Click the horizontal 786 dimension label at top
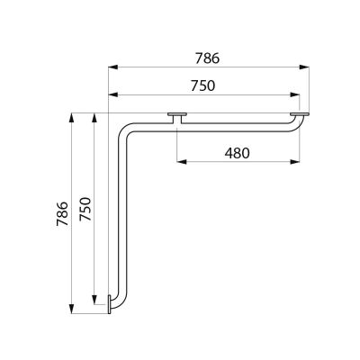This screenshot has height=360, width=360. click(x=207, y=58)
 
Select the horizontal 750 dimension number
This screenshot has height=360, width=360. click(x=203, y=85)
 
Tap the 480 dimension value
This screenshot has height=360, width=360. click(x=237, y=153)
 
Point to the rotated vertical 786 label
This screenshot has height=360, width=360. click(x=62, y=213)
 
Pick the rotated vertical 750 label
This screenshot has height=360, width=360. click(x=85, y=209)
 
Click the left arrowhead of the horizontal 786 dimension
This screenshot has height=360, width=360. click(x=112, y=67)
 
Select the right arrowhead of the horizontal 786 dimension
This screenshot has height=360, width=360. click(x=304, y=67)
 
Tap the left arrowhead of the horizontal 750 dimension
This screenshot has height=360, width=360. click(x=112, y=94)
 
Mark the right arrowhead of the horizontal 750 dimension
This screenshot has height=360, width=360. click(x=295, y=94)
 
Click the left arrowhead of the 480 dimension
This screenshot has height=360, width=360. click(x=182, y=162)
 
